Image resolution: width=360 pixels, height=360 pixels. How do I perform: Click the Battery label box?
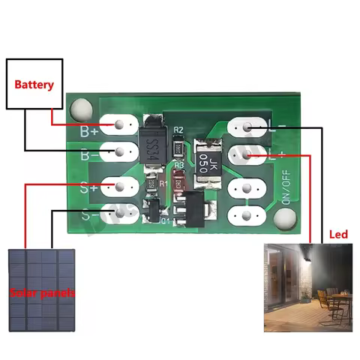click(x=34, y=84)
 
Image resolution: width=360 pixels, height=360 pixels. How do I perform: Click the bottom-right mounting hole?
click(x=283, y=219)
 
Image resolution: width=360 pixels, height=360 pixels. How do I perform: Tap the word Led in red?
click(x=339, y=235)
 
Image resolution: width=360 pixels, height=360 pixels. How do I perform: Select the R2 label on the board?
click(x=178, y=130)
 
